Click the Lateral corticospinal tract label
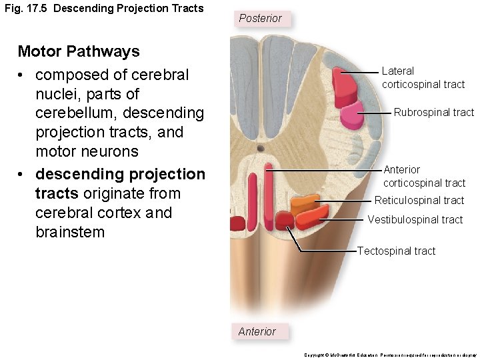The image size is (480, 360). pos(423,77)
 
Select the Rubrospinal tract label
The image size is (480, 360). pos(433,112)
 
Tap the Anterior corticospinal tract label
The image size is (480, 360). pos(424,176)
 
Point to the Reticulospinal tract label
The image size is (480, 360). pos(419,200)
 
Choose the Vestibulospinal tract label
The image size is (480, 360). pos(415,219)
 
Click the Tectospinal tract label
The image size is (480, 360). pos(396,251)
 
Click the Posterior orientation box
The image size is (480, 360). pos(260,18)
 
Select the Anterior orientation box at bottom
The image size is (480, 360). pos(257,331)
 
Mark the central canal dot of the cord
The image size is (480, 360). pos(260,148)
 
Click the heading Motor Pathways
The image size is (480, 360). pos(78,51)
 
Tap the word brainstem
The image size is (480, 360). pos(70,232)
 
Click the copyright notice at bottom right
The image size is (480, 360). pos(390,355)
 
